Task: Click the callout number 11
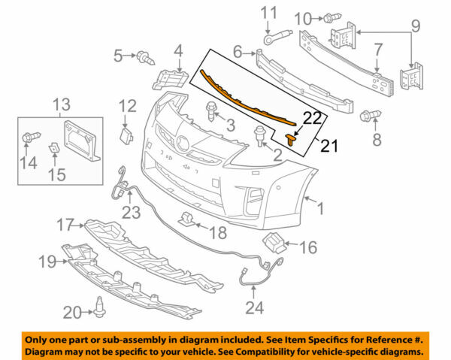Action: click(x=268, y=13)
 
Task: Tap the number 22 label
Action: click(x=312, y=117)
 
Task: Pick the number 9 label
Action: click(x=414, y=31)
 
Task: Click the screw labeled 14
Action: click(x=29, y=138)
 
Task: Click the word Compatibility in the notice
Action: click(x=270, y=352)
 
